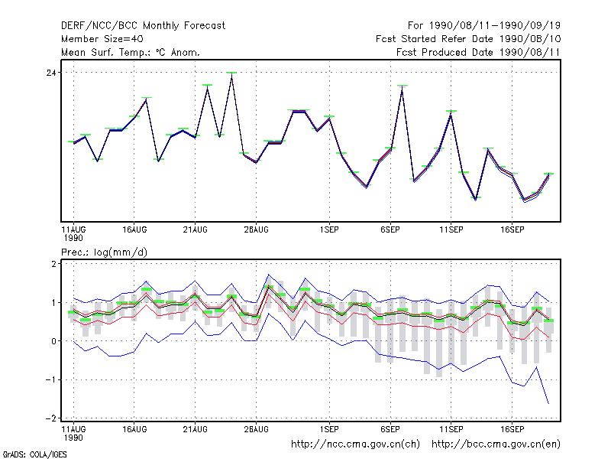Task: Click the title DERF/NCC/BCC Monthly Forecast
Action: coord(143,26)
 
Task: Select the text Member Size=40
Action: coord(102,39)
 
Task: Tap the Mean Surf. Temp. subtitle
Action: coord(131,52)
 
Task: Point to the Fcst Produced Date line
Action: coord(478,52)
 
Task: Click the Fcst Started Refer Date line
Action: coord(468,39)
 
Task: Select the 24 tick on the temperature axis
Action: coord(51,73)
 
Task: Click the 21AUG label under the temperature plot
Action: coord(196,229)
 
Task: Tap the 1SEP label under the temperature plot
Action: coord(329,229)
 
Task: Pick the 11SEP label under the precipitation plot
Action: coord(451,429)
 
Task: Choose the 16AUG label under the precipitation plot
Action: coord(134,429)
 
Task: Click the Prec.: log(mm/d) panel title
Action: coord(104,252)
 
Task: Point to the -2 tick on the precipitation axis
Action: coord(51,418)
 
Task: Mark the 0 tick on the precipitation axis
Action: coord(53,341)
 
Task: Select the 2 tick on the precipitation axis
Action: coord(53,264)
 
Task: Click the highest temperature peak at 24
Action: coord(232,74)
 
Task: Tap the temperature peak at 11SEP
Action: coord(451,113)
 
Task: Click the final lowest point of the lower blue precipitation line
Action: coord(548,404)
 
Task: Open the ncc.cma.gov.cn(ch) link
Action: coord(355,444)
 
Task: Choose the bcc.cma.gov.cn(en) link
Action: coord(496,444)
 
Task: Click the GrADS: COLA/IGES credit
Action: coord(34,454)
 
